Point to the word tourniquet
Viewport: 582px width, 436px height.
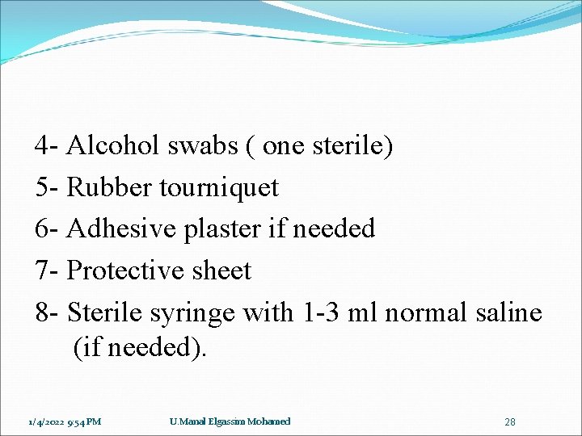pos(219,188)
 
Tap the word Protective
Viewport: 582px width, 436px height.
pos(125,270)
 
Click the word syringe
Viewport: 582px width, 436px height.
pos(196,312)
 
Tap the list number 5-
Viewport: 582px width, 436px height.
pos(47,187)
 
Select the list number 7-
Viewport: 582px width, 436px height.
pos(47,270)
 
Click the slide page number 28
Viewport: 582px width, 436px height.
pos(510,422)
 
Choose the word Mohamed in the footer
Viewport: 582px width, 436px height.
pos(269,421)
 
